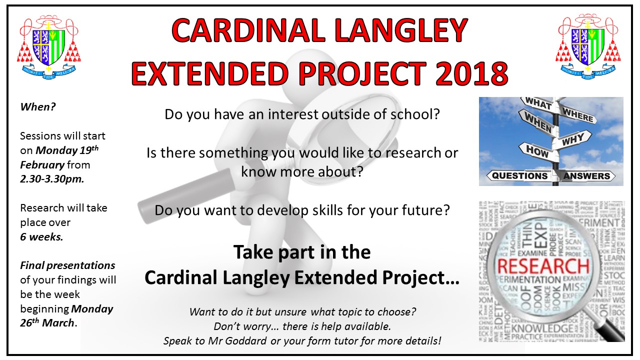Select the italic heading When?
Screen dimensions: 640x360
pyautogui.click(x=37, y=107)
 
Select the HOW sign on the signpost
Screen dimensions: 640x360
pyautogui.click(x=537, y=151)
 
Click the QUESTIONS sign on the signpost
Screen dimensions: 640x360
pyautogui.click(x=519, y=175)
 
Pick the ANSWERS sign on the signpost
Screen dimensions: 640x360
pyautogui.click(x=586, y=175)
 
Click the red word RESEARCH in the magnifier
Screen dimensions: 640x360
pyautogui.click(x=543, y=266)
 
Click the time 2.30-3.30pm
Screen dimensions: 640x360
pyautogui.click(x=52, y=179)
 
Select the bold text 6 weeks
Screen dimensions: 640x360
pyautogui.click(x=41, y=237)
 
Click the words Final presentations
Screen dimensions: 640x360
pyautogui.click(x=67, y=265)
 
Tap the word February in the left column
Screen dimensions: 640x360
pyautogui.click(x=42, y=165)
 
